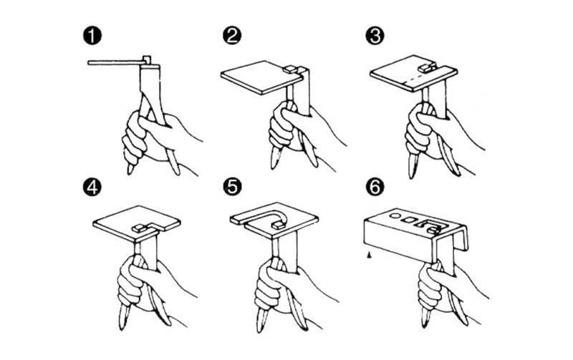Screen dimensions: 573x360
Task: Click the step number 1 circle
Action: [92, 37]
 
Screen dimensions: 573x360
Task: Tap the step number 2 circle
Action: [232, 36]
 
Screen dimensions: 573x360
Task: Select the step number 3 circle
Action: [375, 36]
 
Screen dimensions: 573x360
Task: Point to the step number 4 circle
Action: [92, 187]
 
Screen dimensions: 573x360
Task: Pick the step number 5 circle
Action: [232, 187]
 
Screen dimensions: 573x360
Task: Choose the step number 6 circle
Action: [375, 187]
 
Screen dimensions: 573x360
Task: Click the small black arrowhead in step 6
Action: [370, 256]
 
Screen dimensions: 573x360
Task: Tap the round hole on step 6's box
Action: [395, 215]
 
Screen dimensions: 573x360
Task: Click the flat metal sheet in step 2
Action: [261, 77]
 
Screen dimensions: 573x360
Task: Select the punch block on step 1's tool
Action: [147, 59]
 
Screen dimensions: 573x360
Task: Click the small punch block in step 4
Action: [138, 228]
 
